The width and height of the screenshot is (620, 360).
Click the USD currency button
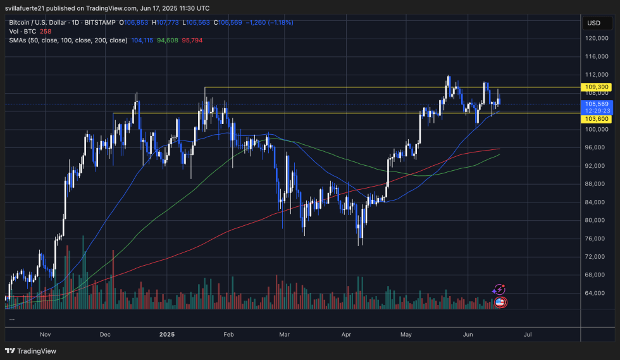click(x=593, y=23)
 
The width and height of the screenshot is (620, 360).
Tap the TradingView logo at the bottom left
click(x=30, y=351)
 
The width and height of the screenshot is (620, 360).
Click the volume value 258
click(x=46, y=31)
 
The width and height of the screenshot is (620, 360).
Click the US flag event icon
click(x=500, y=302)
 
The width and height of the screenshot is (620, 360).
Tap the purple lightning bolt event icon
click(x=499, y=289)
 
